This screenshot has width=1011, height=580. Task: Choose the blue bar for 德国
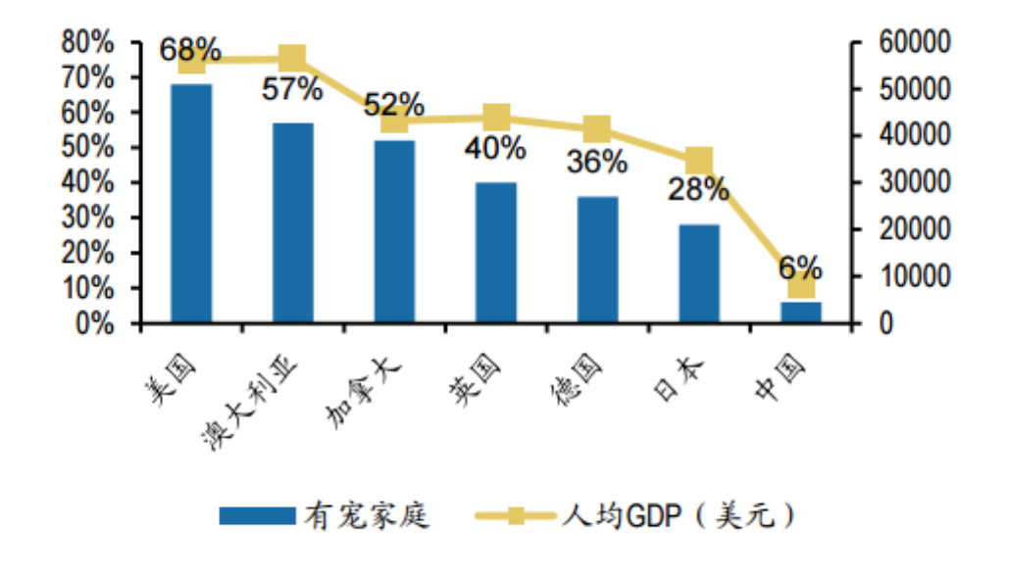(597, 259)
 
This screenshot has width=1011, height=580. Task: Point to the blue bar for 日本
(699, 273)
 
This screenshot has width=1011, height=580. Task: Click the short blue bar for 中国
(801, 312)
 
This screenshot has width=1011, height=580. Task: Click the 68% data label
(191, 49)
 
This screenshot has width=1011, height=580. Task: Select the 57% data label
(292, 90)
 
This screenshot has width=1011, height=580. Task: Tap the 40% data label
(496, 149)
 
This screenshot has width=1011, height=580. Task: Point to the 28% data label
(698, 190)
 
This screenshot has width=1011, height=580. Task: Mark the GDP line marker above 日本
(699, 161)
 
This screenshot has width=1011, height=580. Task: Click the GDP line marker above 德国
(597, 129)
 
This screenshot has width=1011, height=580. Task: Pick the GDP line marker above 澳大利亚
(293, 58)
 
